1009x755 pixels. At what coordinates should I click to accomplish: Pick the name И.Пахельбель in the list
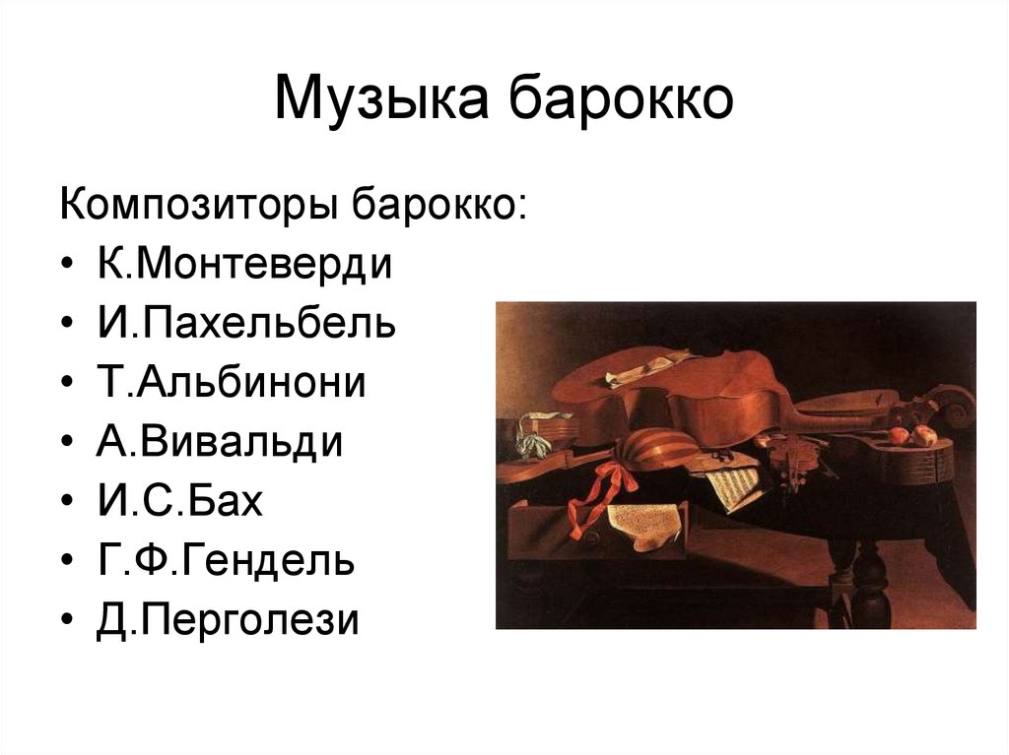point(246,323)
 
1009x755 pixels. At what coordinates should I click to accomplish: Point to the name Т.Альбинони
point(231,382)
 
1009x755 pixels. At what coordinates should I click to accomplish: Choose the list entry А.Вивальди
point(220,442)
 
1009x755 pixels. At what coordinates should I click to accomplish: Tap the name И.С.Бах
point(180,501)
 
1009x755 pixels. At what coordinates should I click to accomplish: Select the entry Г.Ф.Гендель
point(226,560)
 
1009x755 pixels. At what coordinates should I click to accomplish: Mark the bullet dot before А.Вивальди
point(68,442)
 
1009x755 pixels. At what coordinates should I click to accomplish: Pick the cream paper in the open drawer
point(644,524)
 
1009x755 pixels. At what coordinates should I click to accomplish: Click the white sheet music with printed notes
point(733,486)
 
